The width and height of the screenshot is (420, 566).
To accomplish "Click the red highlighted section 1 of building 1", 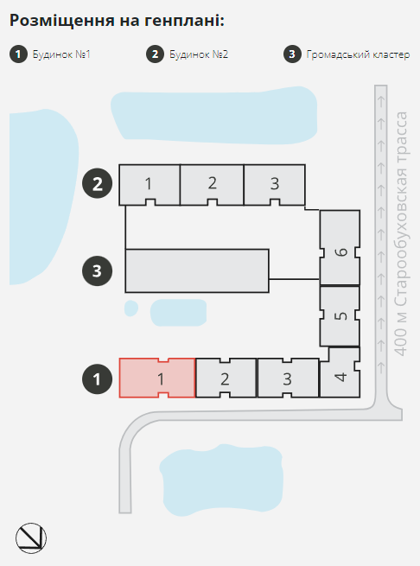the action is (x=157, y=378).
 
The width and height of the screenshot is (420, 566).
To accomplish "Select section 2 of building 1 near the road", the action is (x=226, y=378).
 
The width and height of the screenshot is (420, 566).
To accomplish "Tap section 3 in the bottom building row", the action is (x=288, y=378).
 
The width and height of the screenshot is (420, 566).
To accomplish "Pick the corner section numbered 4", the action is (x=340, y=372).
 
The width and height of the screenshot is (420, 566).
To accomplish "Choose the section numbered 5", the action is (x=340, y=316).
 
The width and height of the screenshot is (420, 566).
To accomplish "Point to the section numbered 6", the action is (x=340, y=248).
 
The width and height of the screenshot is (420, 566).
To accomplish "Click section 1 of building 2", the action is (x=150, y=185).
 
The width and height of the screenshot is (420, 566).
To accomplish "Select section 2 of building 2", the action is (x=212, y=185).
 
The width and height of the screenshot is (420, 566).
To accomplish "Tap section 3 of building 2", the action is (x=275, y=185).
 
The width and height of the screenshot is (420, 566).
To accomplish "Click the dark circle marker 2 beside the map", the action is (x=97, y=183).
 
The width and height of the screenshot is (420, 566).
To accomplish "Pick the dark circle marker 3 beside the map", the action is (x=97, y=270).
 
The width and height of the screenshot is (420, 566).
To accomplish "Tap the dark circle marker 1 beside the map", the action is (x=97, y=378).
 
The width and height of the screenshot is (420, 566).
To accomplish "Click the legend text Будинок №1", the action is (x=61, y=54).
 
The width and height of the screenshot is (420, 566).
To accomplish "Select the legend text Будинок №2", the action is (x=199, y=54).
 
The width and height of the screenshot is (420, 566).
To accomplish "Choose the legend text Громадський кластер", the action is (x=358, y=54).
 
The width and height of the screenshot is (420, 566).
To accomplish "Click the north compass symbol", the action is (x=31, y=537).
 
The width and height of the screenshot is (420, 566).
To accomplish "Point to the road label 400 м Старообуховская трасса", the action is (x=401, y=233).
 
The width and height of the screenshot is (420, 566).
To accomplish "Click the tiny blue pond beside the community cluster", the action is (x=131, y=308).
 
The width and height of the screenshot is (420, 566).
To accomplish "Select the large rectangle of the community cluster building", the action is (x=197, y=270).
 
